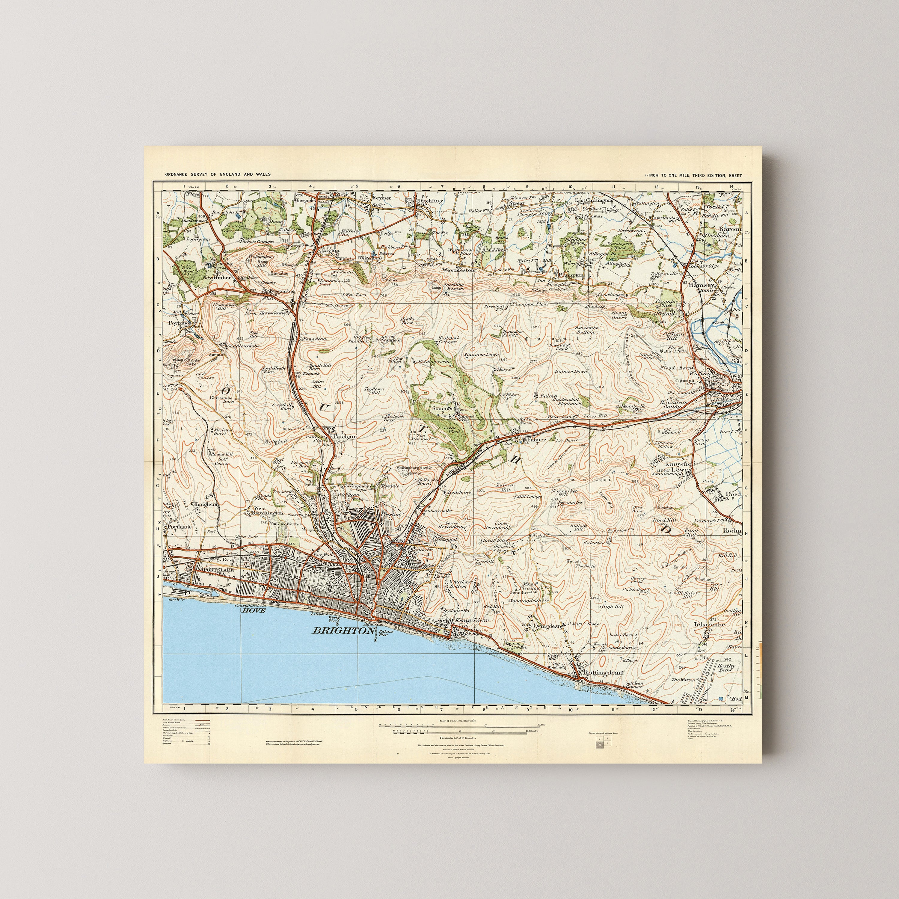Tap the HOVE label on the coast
253,610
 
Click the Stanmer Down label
481,355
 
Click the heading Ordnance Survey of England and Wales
218,174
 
